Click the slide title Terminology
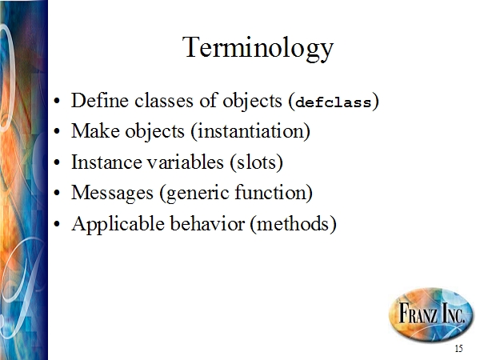tap(258, 48)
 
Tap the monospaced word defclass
tap(334, 102)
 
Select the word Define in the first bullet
tap(100, 100)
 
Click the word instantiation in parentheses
tap(250, 131)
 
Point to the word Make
tap(95, 131)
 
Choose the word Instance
tap(106, 162)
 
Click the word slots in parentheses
tap(256, 162)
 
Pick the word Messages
tap(112, 194)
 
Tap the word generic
tap(197, 194)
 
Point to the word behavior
tap(207, 223)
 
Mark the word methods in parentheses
tap(293, 223)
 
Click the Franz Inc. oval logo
tap(431, 314)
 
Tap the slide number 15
tap(458, 349)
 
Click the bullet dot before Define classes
tap(57, 101)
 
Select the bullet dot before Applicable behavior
tap(57, 224)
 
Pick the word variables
tap(186, 162)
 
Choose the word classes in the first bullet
tap(164, 101)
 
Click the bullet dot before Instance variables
tap(57, 163)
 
